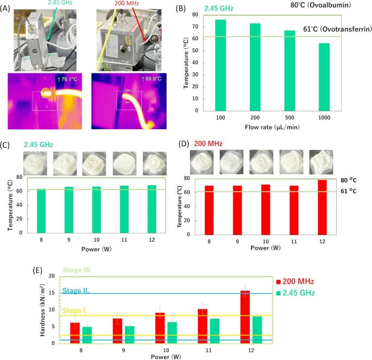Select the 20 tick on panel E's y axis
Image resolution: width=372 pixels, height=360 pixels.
pos(53,276)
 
